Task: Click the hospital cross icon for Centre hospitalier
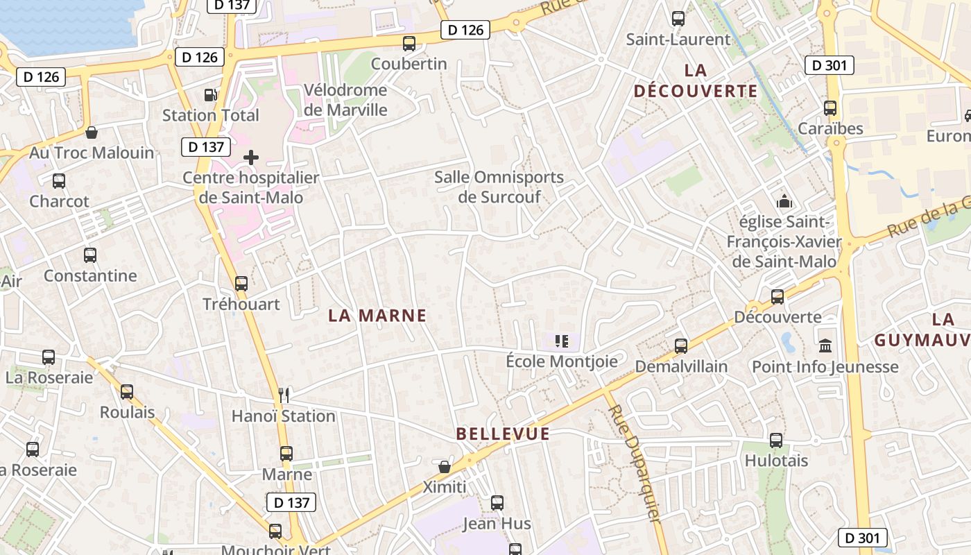coord(251,157)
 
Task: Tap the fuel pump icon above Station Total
coord(210,95)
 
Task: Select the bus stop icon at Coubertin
coord(409,44)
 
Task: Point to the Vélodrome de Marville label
coord(345,100)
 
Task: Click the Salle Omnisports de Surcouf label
coord(499,187)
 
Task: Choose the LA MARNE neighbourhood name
coord(377,316)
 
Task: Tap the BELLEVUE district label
coord(503,434)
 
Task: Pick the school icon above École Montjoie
coord(562,341)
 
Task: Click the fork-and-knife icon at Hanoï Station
coord(283,395)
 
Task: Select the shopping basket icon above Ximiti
coord(445,467)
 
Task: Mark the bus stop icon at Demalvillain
coord(681,345)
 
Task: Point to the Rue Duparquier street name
coord(633,463)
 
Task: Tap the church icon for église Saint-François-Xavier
coord(784,202)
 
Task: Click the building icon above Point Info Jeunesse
coord(825,345)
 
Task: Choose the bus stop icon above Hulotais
coord(776,440)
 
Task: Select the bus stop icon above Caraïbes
coord(830,108)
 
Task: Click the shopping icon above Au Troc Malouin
coord(91,133)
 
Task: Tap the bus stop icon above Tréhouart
coord(241,283)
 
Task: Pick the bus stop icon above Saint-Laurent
coord(678,19)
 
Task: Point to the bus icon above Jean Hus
coord(497,503)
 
